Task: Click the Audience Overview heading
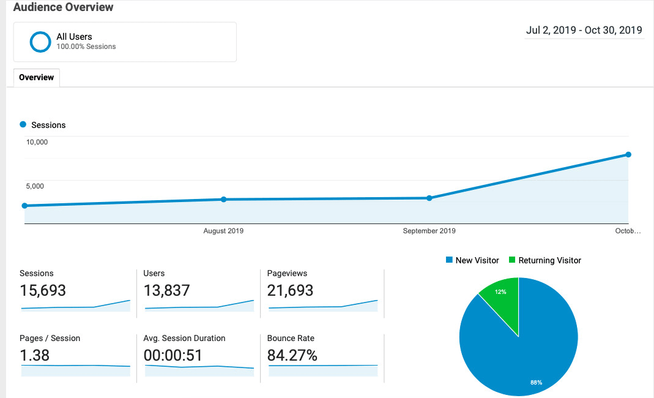click(x=64, y=8)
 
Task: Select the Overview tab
click(x=36, y=78)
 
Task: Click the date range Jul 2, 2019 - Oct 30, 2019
click(x=584, y=30)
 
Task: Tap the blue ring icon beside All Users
click(x=40, y=42)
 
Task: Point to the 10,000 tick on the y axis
click(x=37, y=142)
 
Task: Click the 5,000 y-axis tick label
click(x=34, y=186)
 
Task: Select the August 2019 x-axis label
click(x=223, y=231)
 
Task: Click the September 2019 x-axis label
click(x=429, y=231)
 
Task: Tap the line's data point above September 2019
click(x=429, y=198)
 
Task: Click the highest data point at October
click(x=628, y=154)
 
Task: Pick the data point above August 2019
click(x=223, y=199)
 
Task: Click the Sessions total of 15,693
click(x=43, y=290)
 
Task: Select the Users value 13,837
click(x=166, y=290)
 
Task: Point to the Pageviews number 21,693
click(x=290, y=290)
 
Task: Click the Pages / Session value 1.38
click(x=35, y=355)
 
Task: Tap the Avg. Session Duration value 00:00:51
click(x=173, y=355)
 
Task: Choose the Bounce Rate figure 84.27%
click(x=292, y=355)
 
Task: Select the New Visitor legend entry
click(x=472, y=260)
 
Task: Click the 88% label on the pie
click(x=536, y=382)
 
